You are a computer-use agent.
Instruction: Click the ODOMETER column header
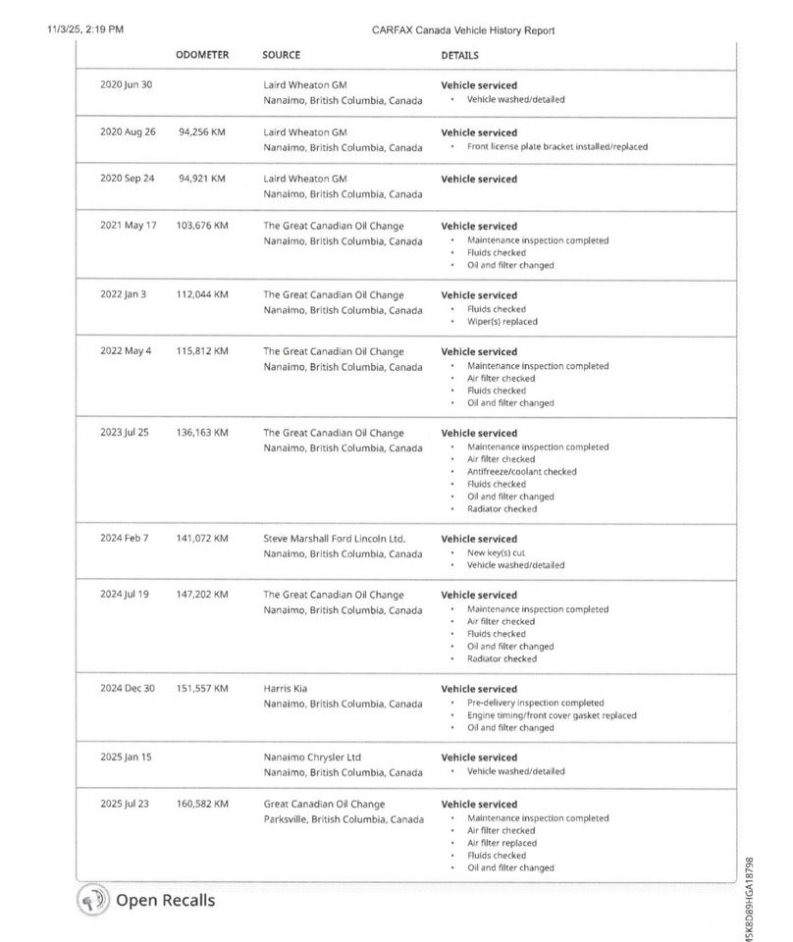[202, 55]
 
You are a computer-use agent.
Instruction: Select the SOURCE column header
[281, 55]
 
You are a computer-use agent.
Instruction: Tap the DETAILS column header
[460, 56]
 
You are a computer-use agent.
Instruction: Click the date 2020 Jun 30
[126, 84]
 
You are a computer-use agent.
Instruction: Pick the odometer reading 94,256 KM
[201, 131]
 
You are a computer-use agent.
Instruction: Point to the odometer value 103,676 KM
[201, 226]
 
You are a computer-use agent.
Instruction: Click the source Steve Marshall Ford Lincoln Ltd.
[334, 539]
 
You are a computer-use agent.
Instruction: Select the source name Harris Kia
[286, 689]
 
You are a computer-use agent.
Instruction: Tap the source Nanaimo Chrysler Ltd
[312, 758]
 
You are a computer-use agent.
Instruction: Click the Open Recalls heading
[165, 900]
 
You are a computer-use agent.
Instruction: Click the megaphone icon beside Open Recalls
[93, 900]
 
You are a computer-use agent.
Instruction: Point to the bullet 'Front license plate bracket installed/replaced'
[556, 147]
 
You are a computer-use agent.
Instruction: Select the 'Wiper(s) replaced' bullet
[502, 322]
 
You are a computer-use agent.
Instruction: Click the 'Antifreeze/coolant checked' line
[521, 472]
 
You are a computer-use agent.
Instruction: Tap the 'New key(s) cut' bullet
[496, 553]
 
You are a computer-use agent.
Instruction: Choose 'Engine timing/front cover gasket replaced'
[552, 715]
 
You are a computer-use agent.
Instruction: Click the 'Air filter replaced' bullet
[502, 843]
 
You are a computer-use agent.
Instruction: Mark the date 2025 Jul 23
[125, 804]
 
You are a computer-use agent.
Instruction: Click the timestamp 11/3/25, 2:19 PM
[85, 29]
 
